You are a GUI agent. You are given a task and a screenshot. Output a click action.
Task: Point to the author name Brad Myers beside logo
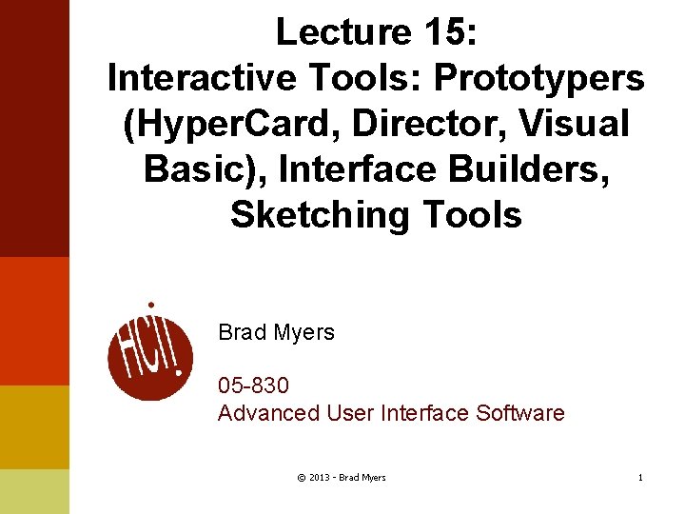point(276,332)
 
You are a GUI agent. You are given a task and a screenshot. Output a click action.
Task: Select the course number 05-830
point(253,385)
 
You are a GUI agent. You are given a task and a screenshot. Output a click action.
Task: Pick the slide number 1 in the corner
point(640,477)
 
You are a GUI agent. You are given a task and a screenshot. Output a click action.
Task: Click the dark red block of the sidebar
point(34,128)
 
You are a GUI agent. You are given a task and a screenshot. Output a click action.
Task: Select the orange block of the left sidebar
point(34,321)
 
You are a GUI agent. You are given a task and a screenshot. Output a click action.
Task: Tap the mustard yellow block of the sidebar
point(34,426)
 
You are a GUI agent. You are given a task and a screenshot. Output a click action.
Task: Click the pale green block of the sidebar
point(34,491)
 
